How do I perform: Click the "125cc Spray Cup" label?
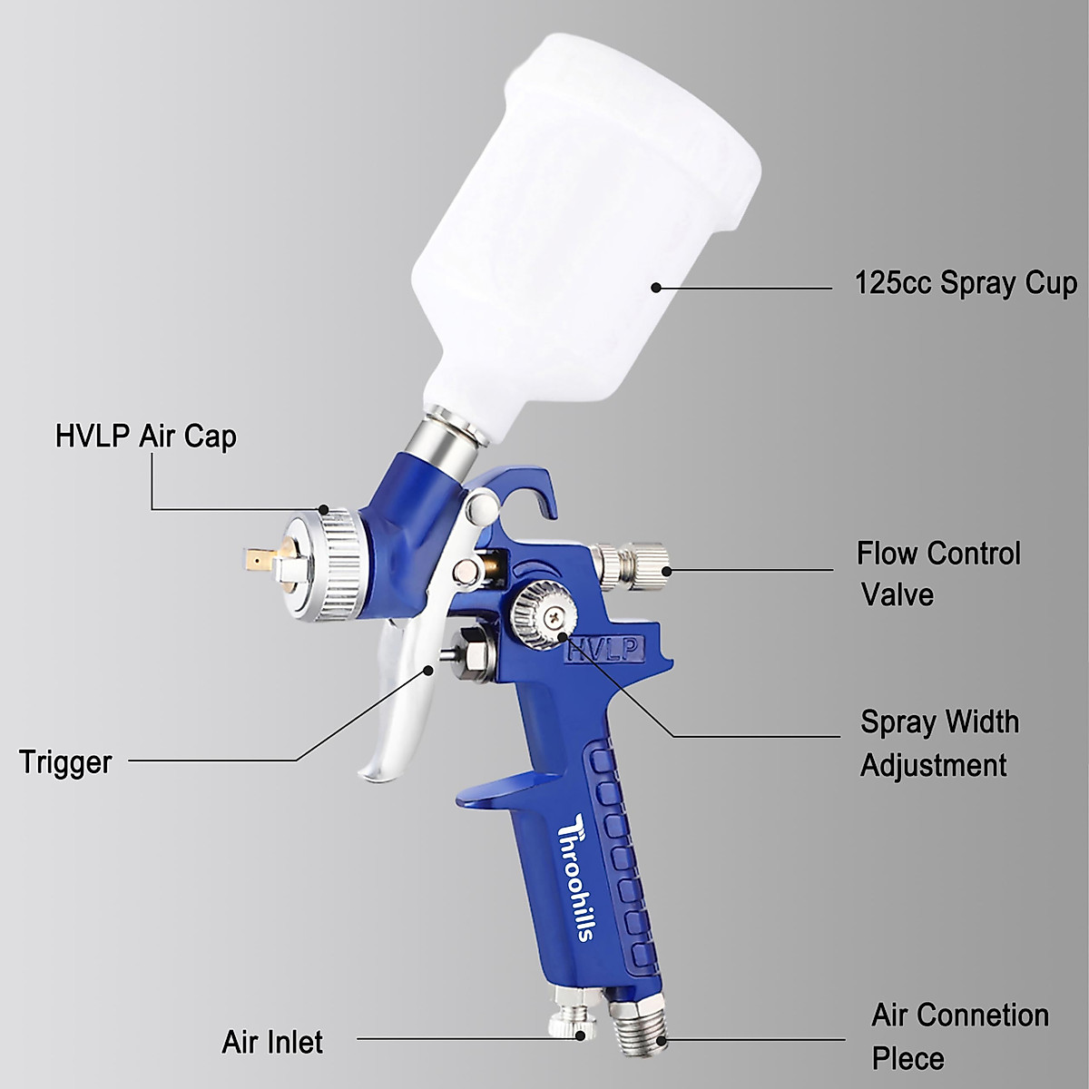click(966, 283)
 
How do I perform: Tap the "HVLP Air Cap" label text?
click(145, 437)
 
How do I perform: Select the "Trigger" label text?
click(65, 762)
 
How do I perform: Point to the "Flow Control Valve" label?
click(938, 574)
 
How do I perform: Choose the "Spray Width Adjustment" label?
click(938, 743)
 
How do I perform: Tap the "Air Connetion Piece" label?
click(959, 1035)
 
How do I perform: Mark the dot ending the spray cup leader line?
click(654, 288)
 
